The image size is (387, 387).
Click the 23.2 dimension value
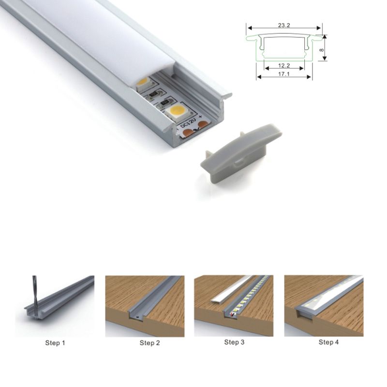pos(284,25)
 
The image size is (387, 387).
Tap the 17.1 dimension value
pos(284,74)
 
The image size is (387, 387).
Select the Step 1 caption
pos(55,343)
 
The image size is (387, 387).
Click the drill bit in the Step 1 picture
pos(34,290)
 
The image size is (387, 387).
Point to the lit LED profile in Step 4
pos(329,295)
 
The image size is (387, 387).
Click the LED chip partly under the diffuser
pos(144,83)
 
